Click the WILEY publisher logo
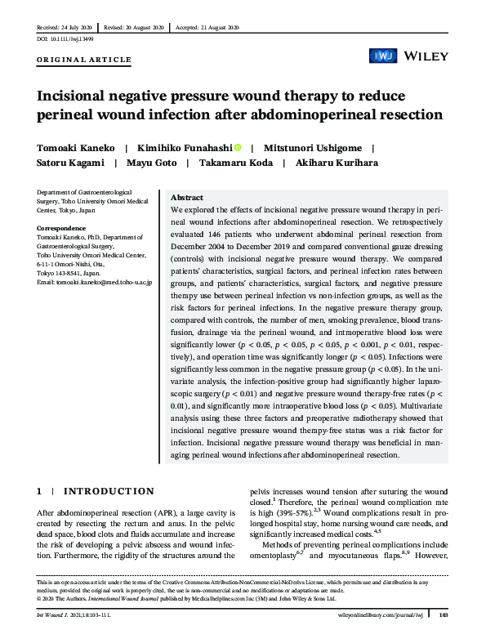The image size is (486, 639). click(426, 56)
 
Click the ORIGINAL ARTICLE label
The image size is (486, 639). click(84, 60)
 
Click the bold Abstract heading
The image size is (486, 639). click(187, 198)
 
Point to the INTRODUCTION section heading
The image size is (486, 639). click(108, 491)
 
